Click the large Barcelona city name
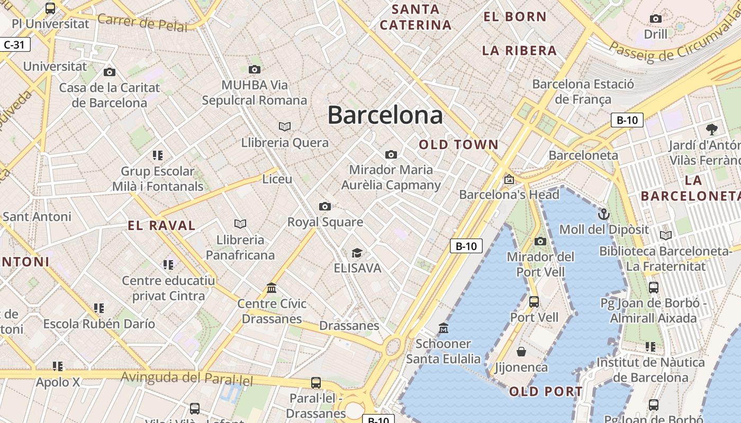click(385, 115)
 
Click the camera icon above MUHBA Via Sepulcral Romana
click(255, 69)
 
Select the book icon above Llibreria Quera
click(285, 126)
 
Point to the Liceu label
click(277, 179)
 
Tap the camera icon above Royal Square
click(325, 206)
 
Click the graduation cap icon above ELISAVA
click(357, 253)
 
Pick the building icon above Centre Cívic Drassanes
click(272, 288)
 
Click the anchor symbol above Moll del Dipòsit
click(604, 214)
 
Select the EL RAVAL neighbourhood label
click(161, 226)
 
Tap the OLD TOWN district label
click(458, 144)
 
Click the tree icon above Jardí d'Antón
click(712, 129)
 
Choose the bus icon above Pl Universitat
click(50, 8)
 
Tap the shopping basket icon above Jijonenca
click(521, 352)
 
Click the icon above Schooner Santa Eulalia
click(444, 328)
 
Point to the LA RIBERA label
click(519, 51)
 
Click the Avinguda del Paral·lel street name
click(187, 378)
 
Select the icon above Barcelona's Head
click(509, 179)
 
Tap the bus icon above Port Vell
click(534, 302)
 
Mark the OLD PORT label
click(546, 392)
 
